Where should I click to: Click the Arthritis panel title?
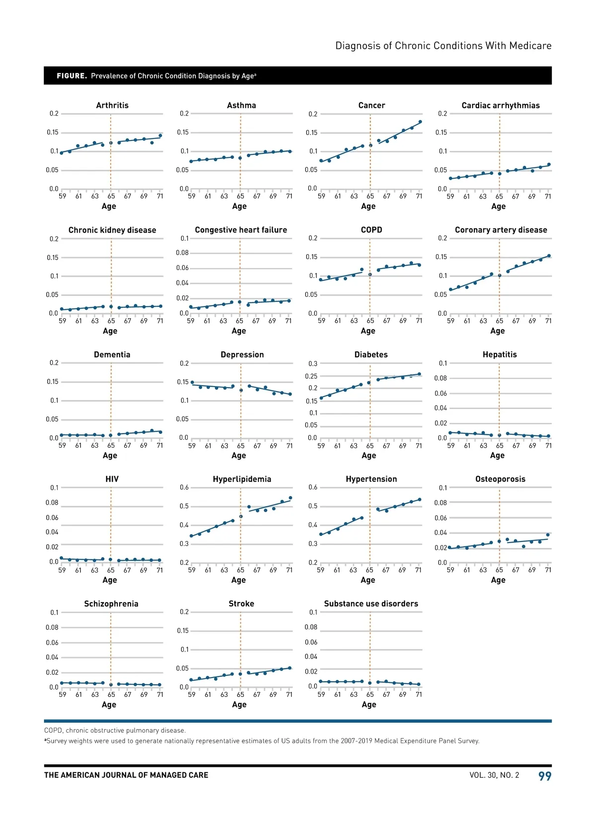pyautogui.click(x=112, y=105)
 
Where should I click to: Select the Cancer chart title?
pyautogui.click(x=372, y=105)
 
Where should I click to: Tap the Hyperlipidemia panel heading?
pyautogui.click(x=242, y=479)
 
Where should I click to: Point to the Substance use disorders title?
pyautogui.click(x=371, y=604)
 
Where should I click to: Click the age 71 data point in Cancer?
pyautogui.click(x=420, y=122)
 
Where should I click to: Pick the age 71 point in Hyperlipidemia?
pyautogui.click(x=291, y=498)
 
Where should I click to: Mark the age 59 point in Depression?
pyautogui.click(x=192, y=382)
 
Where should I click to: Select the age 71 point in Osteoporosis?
pyautogui.click(x=548, y=535)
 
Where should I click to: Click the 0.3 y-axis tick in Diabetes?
pyautogui.click(x=312, y=364)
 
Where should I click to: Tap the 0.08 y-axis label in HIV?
pyautogui.click(x=52, y=502)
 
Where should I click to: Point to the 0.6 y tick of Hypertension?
pyautogui.click(x=312, y=487)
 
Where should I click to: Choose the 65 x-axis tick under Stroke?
pyautogui.click(x=240, y=694)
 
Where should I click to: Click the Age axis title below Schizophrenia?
pyautogui.click(x=109, y=704)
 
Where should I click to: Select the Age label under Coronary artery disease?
pyautogui.click(x=498, y=331)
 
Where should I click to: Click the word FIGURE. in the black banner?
pyautogui.click(x=72, y=76)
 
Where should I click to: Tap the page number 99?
pyautogui.click(x=545, y=776)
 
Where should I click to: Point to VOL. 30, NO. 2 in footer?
pyautogui.click(x=494, y=775)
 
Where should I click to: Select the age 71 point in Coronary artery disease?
pyautogui.click(x=549, y=256)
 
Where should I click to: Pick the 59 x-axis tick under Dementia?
pyautogui.click(x=62, y=445)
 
